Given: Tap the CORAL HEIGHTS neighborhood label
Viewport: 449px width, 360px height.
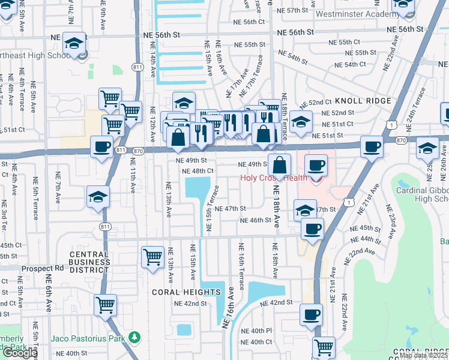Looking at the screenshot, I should (186, 292).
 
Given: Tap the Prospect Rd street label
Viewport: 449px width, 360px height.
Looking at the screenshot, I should (43, 268).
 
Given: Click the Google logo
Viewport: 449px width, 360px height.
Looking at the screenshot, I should (19, 353).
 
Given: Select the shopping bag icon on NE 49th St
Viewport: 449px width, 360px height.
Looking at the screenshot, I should (279, 165).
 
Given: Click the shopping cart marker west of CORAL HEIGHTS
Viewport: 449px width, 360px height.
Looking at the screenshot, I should (152, 257).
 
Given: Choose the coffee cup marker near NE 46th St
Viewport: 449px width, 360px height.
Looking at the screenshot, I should (312, 229).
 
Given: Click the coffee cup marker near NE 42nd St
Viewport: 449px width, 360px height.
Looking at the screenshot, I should (311, 314).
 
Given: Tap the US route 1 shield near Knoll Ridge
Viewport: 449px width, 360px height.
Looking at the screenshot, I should (391, 124).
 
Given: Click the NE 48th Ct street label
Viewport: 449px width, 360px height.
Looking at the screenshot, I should (198, 171).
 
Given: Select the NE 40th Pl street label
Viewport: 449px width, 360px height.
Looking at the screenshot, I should (257, 331).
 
